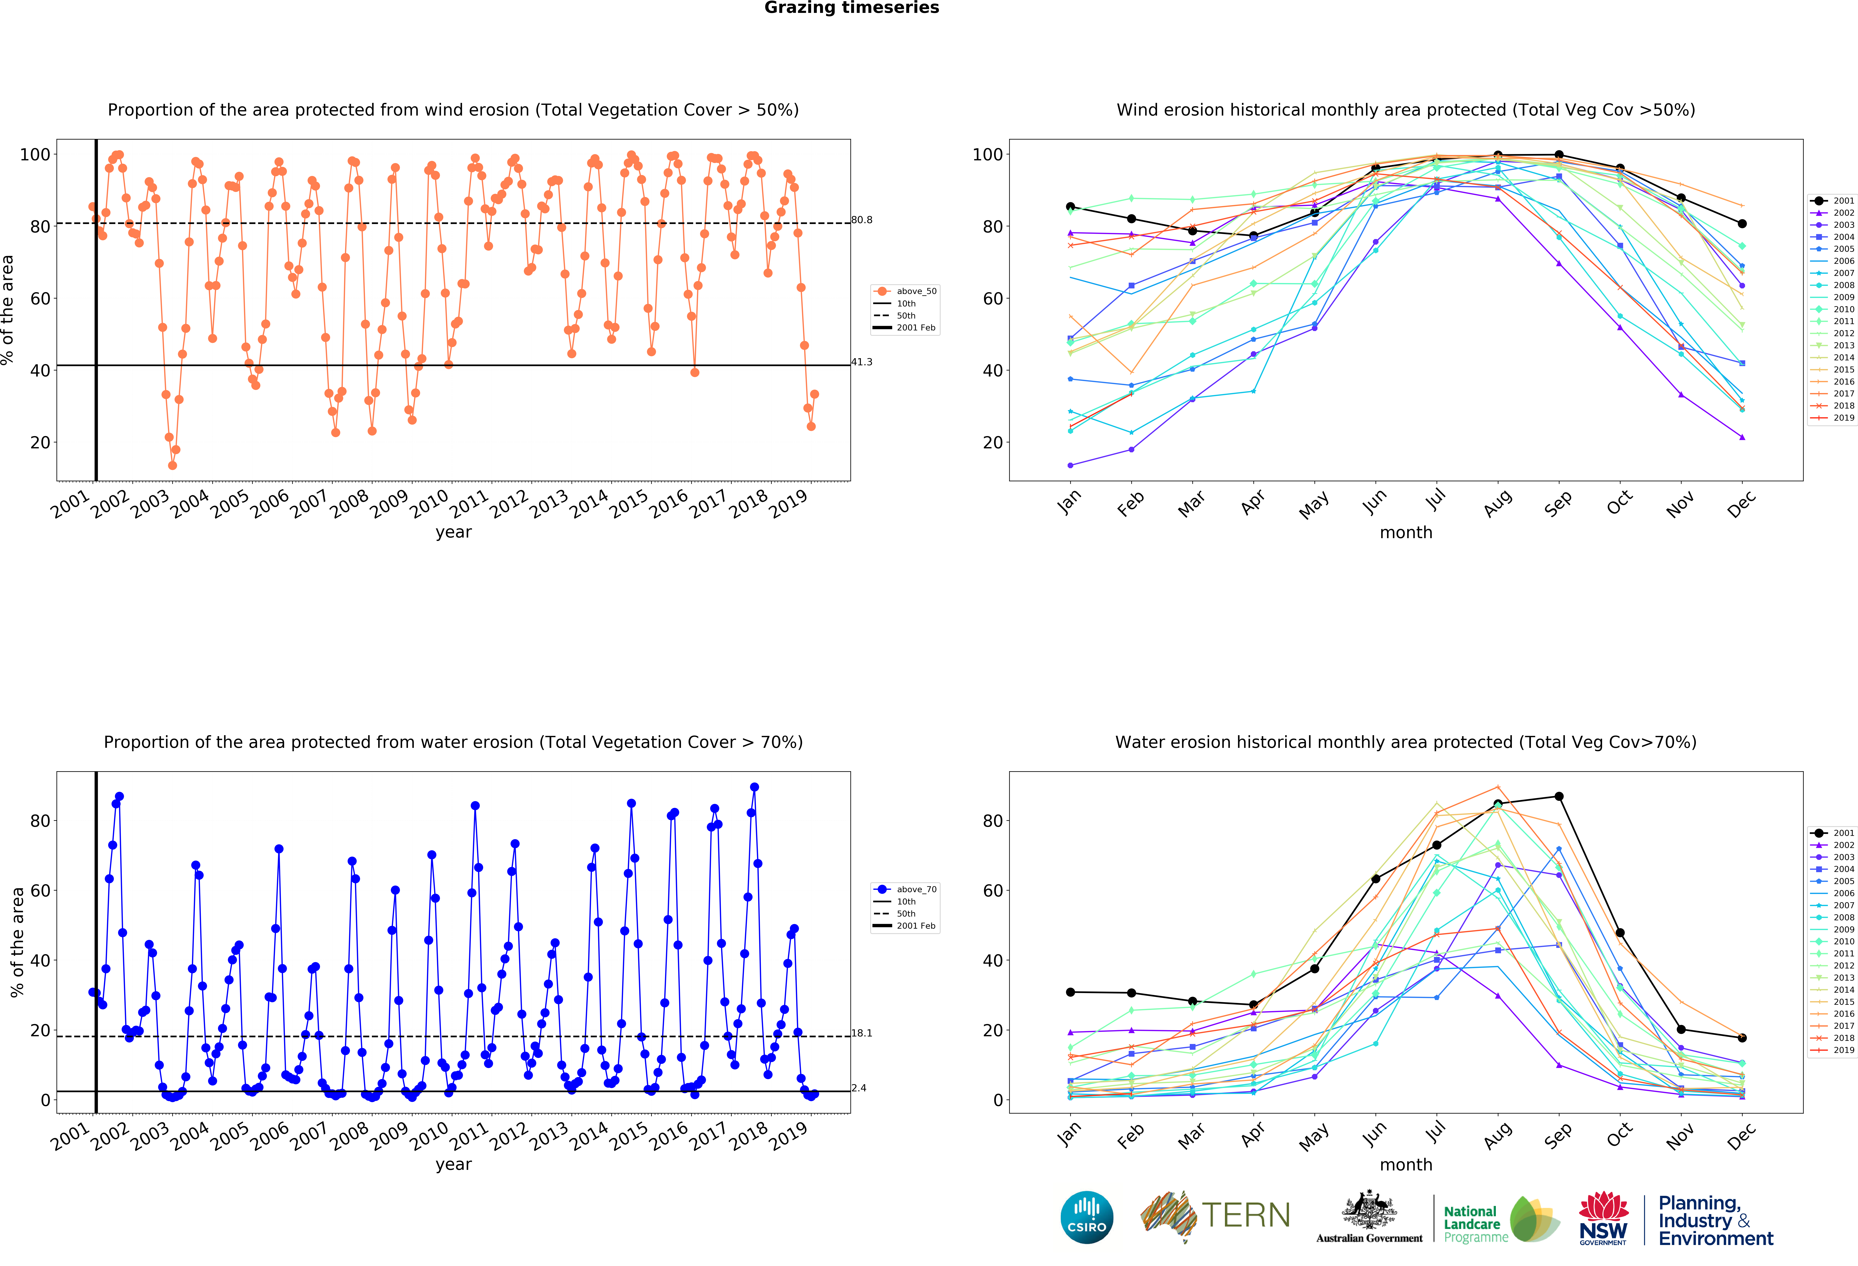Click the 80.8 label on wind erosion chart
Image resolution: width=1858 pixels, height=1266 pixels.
(x=862, y=220)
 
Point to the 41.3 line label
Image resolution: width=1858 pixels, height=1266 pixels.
(x=862, y=362)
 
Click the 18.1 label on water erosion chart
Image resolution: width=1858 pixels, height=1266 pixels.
(x=862, y=1033)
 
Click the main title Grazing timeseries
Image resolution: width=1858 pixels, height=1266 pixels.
(x=851, y=8)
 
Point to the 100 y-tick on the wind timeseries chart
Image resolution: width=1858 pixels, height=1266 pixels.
(x=35, y=154)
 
